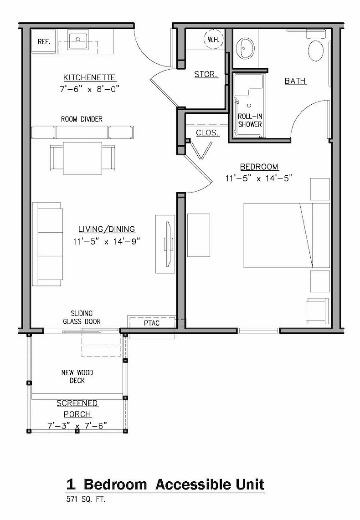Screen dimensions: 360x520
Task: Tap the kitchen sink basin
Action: point(78,40)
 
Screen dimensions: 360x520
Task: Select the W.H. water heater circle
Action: point(213,39)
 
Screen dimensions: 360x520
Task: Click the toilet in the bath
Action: point(315,46)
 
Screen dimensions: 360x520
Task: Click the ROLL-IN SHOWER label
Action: point(250,120)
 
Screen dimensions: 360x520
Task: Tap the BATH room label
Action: point(295,81)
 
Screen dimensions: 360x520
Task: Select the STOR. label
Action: point(206,74)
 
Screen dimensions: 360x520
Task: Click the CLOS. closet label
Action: point(207,133)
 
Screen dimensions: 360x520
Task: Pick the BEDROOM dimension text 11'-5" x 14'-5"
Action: point(259,178)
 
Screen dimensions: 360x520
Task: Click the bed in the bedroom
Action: point(287,235)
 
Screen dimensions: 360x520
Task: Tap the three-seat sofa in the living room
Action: point(47,244)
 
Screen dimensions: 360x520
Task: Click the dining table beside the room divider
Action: point(82,158)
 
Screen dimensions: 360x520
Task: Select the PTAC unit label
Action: point(152,323)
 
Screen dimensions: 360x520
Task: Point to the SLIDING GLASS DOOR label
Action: point(82,317)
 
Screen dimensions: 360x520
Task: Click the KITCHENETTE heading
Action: point(90,77)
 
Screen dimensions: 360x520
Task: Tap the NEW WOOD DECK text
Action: point(77,377)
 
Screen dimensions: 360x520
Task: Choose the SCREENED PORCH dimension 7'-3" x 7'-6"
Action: point(77,426)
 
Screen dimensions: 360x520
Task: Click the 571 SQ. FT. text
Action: point(86,499)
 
